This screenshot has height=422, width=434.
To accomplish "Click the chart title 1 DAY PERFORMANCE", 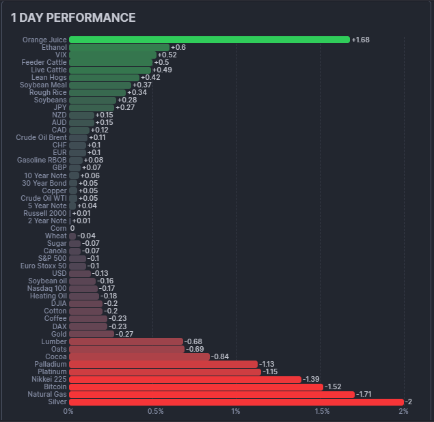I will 73,18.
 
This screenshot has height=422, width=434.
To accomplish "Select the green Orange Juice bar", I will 209,40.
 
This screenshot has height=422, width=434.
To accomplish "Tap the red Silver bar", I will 236,402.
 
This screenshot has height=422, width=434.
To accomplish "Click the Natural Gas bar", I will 212,394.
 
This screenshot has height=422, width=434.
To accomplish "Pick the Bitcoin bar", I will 196,386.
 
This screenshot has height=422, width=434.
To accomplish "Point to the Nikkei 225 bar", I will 185,379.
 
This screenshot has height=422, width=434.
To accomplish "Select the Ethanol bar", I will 119,47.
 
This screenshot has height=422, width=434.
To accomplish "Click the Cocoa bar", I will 139,356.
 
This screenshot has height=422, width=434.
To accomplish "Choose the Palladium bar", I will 163,364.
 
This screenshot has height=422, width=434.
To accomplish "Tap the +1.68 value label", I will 360,40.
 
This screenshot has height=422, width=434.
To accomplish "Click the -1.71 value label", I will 366,394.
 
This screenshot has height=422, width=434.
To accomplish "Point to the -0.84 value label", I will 219,356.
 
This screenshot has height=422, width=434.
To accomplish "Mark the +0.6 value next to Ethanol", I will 178,47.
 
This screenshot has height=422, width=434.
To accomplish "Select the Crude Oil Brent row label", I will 42,137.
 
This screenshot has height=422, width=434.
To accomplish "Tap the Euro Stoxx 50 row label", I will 44,266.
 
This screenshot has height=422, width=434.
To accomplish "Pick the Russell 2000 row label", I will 45,213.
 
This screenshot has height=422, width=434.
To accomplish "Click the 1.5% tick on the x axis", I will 322,411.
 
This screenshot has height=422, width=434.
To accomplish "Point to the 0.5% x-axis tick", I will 155,411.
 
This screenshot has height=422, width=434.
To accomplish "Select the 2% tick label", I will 403,411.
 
